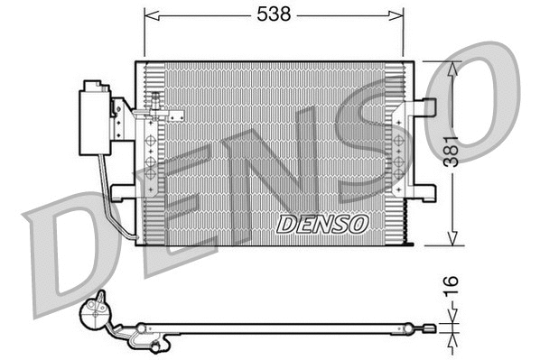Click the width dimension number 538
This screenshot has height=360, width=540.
click(x=274, y=14)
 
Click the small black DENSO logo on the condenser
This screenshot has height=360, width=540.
click(x=322, y=223)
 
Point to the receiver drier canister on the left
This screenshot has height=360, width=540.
click(x=94, y=118)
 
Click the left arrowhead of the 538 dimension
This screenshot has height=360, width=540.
click(x=149, y=14)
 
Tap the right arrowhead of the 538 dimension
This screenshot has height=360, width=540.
click(x=397, y=14)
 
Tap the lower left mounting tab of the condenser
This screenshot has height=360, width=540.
click(x=122, y=190)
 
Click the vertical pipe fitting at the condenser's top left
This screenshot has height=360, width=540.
click(x=157, y=106)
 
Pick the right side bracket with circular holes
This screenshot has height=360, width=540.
click(x=397, y=149)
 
